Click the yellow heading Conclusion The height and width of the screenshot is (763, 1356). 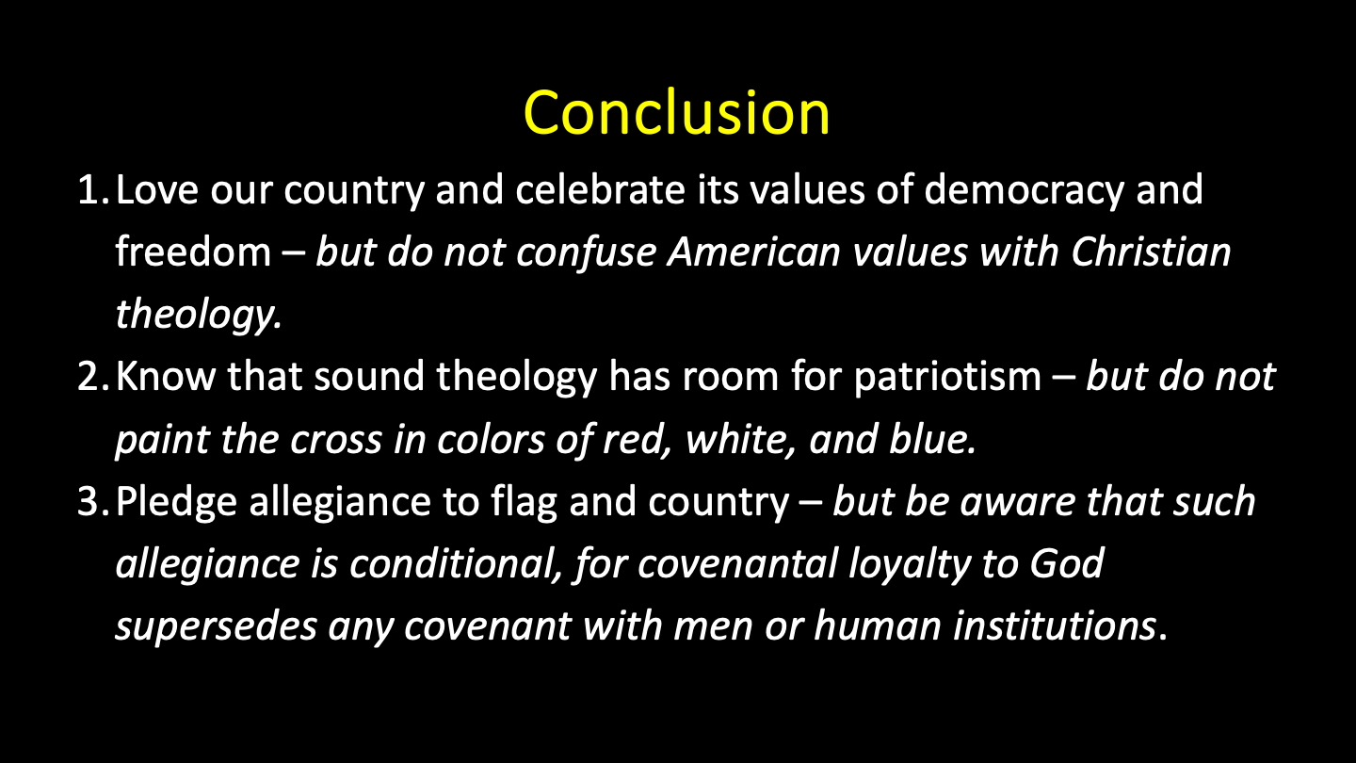pyautogui.click(x=676, y=113)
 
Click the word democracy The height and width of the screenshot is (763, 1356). pyautogui.click(x=1024, y=191)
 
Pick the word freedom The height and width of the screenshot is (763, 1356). pyautogui.click(x=193, y=252)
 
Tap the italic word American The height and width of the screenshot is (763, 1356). pyautogui.click(x=754, y=252)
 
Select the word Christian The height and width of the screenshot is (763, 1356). pyautogui.click(x=1151, y=252)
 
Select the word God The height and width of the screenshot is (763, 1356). pyautogui.click(x=1067, y=563)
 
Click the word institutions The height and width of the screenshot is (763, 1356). pyautogui.click(x=1055, y=625)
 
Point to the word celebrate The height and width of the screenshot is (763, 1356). pyautogui.click(x=600, y=189)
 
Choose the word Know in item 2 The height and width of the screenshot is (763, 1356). pyautogui.click(x=166, y=376)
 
